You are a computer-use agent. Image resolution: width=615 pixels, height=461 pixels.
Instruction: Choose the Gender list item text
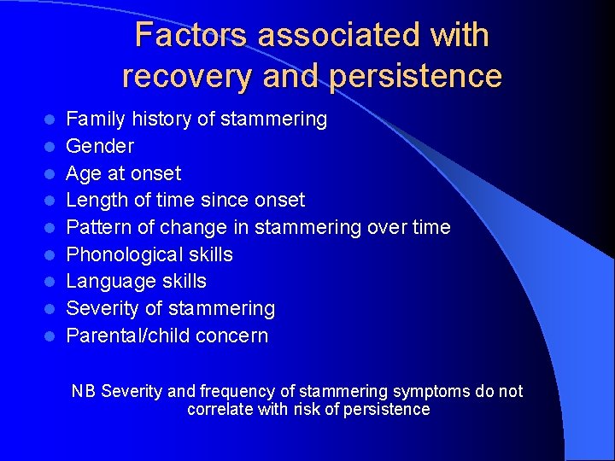coord(100,146)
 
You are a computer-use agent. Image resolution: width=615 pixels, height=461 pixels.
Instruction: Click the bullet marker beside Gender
coord(50,147)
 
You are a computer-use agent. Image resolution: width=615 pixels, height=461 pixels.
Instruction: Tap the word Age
coord(83,174)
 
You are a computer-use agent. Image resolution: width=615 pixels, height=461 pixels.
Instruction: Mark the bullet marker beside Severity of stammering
coord(50,309)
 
